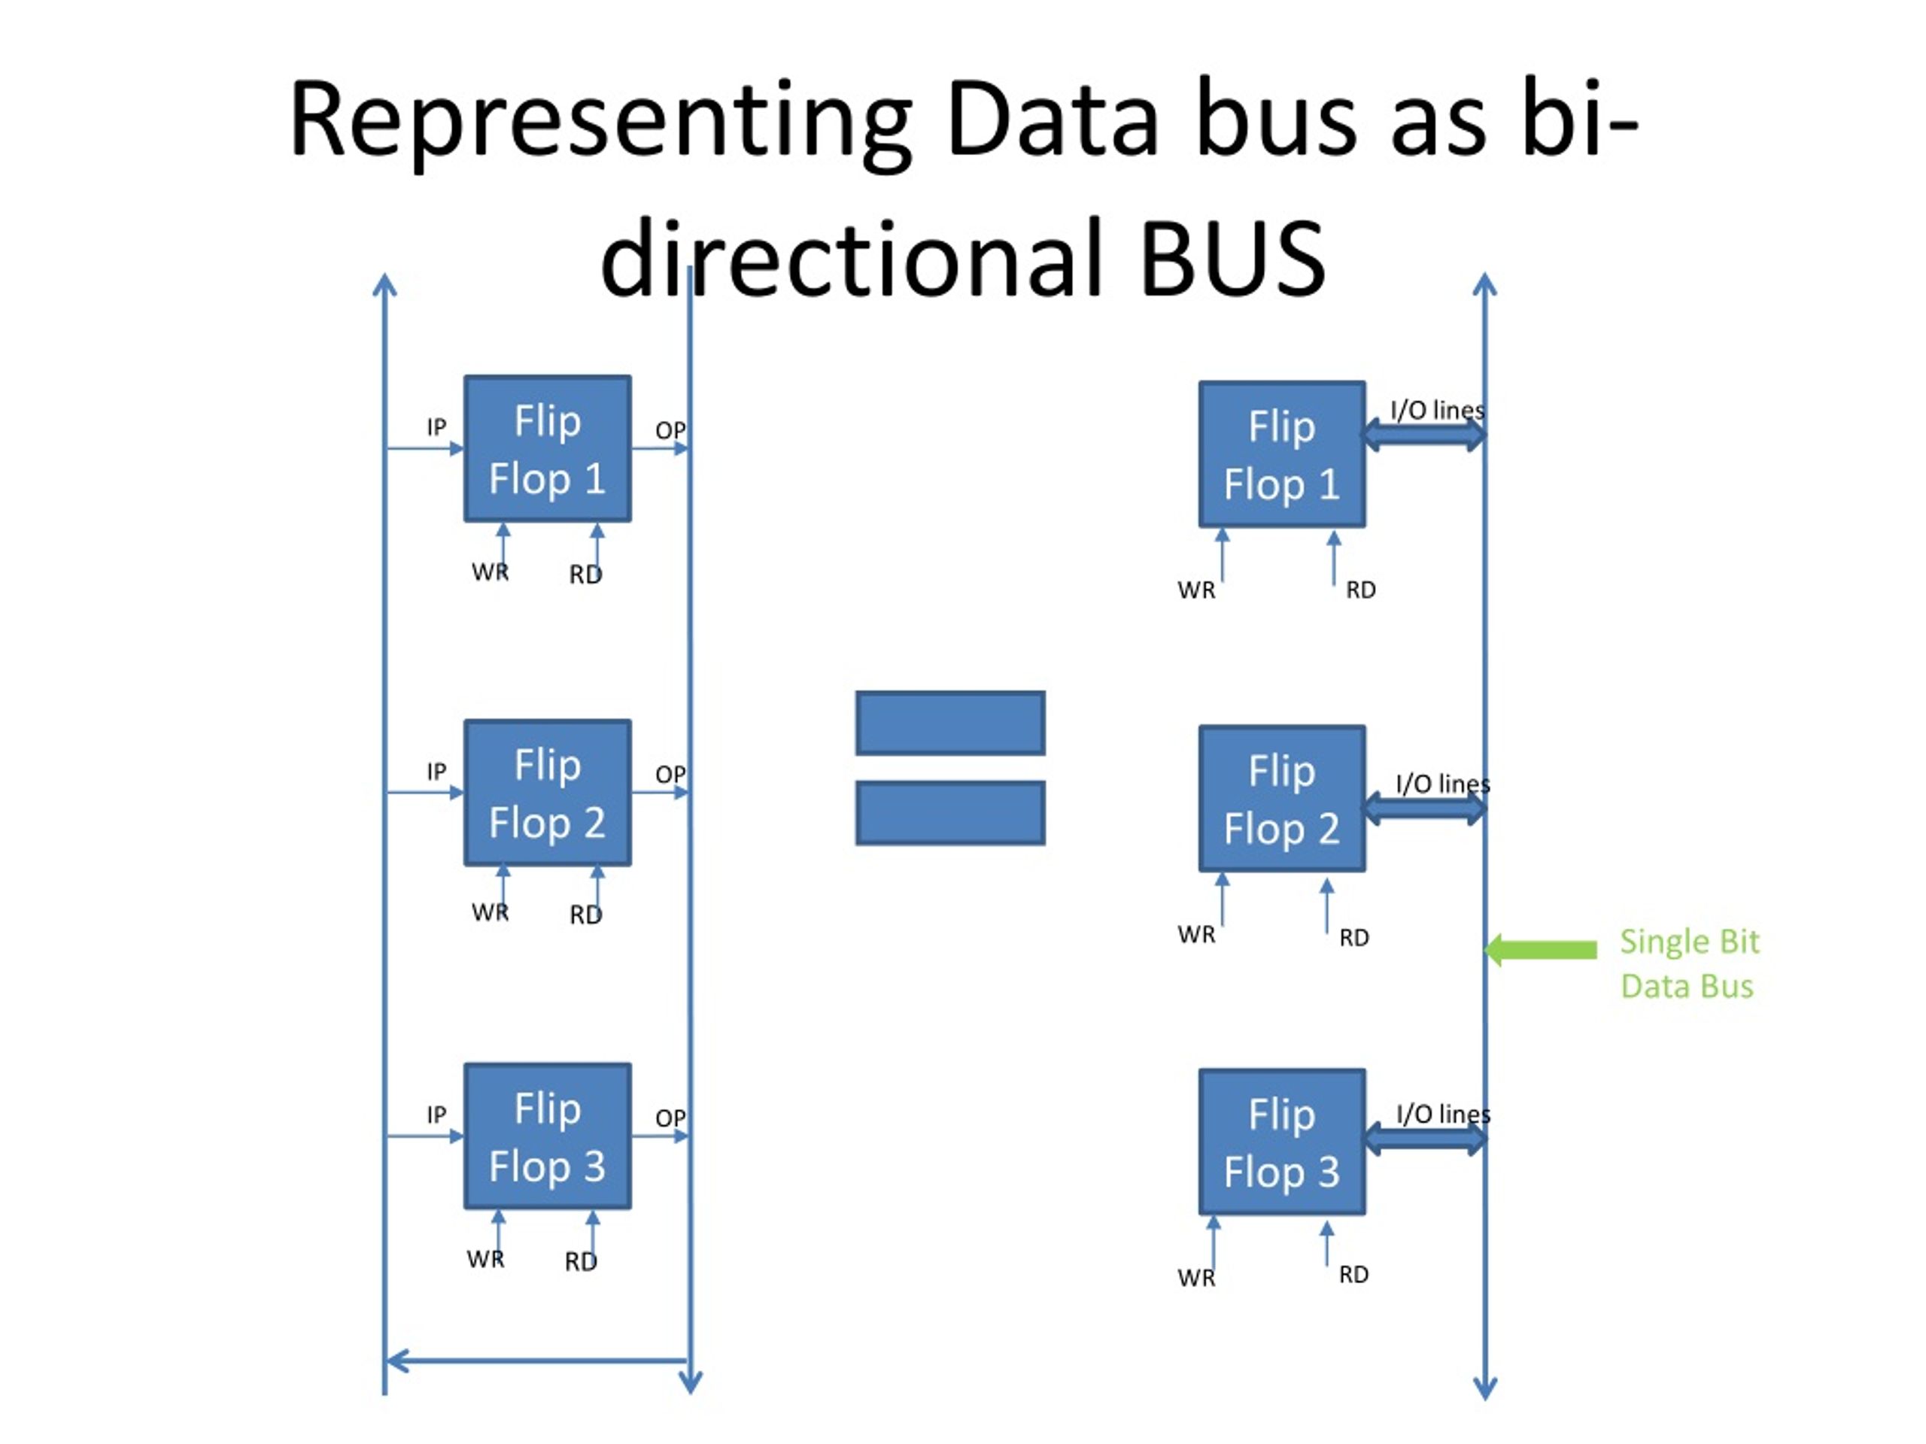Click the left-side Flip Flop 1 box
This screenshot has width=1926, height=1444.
point(548,449)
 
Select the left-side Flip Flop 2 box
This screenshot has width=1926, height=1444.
point(548,793)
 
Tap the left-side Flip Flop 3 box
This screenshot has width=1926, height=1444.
point(548,1136)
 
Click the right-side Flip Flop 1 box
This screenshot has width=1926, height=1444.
point(1282,454)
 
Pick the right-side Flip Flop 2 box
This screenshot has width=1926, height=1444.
point(1282,798)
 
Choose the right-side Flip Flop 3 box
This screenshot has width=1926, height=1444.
point(1282,1142)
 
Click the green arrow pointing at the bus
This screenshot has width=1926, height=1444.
point(1540,950)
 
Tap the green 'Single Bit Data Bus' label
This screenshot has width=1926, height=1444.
point(1689,963)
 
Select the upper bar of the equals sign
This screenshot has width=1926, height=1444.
point(950,724)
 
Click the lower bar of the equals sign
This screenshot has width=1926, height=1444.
point(950,813)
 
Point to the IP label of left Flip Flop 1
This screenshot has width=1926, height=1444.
point(436,427)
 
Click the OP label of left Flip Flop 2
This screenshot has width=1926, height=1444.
point(670,774)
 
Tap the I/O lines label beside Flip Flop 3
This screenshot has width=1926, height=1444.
point(1443,1114)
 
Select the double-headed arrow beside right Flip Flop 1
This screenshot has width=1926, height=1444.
point(1424,435)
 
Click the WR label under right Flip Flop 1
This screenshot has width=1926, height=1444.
point(1196,590)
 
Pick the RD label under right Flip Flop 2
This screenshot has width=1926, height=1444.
point(1354,937)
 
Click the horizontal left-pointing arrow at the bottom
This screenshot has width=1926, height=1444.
point(537,1361)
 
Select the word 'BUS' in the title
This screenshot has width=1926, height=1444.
point(1232,259)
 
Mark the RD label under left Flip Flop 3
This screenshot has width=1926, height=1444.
point(581,1262)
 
